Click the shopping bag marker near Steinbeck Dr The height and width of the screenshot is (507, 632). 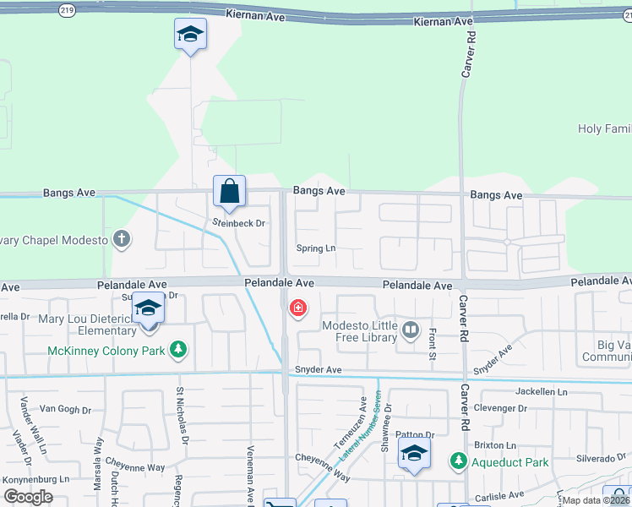point(230,192)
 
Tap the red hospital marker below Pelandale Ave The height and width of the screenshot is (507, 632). point(297,308)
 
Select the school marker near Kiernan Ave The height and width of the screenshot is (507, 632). point(190,35)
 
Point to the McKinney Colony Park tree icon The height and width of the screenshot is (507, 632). point(177,348)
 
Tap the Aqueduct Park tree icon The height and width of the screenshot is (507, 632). point(458,462)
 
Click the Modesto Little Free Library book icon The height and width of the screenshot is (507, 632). point(411,330)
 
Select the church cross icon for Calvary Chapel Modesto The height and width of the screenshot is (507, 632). point(122,239)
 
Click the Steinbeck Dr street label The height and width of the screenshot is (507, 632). point(238,223)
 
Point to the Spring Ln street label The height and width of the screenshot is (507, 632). point(316,248)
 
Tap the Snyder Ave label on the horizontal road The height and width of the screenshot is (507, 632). point(318,370)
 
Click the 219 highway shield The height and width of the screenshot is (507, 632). point(68,10)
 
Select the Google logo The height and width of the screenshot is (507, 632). point(28,497)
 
